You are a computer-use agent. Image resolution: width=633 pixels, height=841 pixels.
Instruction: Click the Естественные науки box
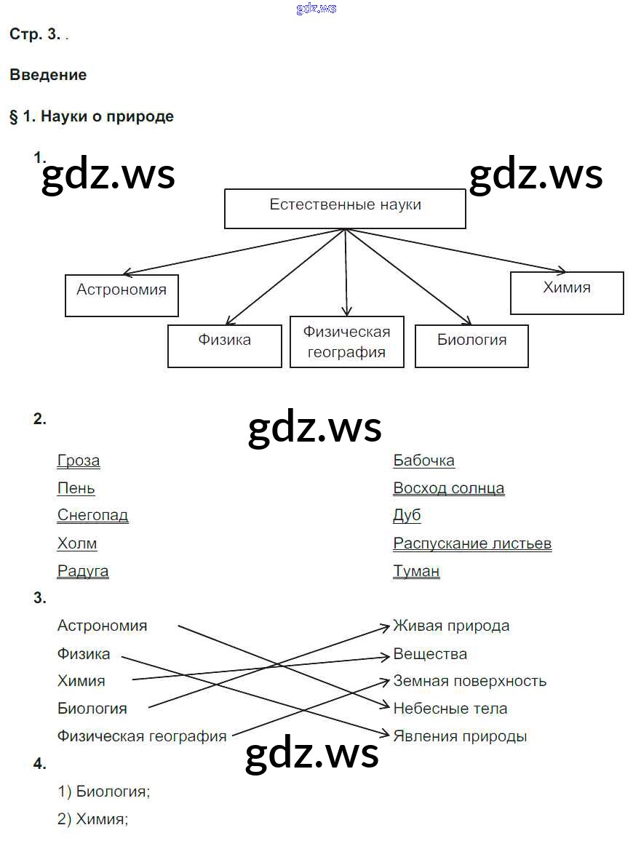point(345,209)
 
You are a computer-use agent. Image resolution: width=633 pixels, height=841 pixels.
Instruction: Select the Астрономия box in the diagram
point(122,295)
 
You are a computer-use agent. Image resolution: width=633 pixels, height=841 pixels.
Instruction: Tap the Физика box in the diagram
point(224,346)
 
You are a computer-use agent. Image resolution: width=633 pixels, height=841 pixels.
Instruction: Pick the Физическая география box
point(346,341)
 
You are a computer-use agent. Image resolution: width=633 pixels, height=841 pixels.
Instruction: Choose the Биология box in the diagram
point(471,346)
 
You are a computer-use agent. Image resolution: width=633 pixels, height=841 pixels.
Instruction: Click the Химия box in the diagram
point(567,292)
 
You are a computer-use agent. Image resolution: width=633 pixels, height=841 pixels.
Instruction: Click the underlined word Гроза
point(79,461)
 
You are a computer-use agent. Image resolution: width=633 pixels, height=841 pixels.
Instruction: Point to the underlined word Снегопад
point(93,516)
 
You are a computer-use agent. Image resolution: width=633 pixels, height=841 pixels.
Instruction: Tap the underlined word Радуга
point(83,571)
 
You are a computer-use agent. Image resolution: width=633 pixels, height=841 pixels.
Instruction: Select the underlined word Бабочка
point(423,461)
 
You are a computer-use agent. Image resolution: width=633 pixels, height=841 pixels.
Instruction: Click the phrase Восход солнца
point(448,488)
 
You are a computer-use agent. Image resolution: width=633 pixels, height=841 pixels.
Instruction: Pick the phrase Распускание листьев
point(472,543)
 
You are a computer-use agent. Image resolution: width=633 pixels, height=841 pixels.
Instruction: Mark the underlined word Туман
point(416,571)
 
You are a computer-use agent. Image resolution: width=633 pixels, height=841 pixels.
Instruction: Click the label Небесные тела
point(450,709)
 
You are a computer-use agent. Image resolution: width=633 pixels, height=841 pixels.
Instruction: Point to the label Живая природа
point(451,626)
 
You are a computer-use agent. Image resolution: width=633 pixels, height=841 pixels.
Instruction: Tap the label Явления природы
point(460,736)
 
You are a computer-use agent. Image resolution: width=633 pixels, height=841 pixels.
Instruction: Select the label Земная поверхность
point(469,681)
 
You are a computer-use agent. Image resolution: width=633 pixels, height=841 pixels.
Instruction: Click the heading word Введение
point(48,75)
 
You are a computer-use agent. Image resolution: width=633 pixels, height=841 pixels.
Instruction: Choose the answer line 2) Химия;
point(93,819)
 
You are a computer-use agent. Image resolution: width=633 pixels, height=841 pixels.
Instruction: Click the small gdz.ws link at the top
point(316,9)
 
